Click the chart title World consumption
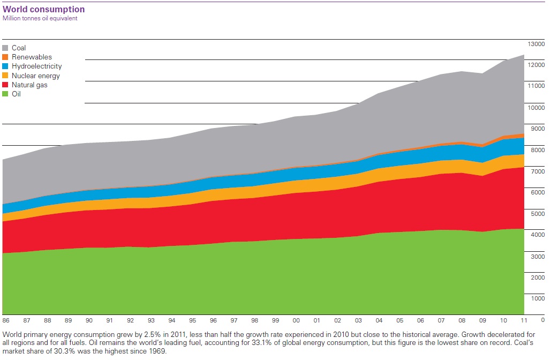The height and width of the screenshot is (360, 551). click(43, 9)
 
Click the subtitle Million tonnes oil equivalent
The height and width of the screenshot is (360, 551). click(40, 18)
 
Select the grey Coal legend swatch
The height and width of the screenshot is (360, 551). click(6, 48)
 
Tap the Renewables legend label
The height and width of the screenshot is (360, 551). click(32, 57)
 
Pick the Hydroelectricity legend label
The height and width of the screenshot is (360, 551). click(36, 66)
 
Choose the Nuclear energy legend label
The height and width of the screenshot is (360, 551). click(36, 76)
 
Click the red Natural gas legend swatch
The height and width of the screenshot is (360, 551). click(6, 85)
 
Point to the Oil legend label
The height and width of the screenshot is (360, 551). click(16, 94)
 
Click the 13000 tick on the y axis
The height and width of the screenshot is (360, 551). click(537, 43)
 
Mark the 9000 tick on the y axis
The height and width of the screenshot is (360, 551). click(537, 129)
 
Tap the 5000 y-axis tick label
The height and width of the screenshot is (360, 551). click(537, 214)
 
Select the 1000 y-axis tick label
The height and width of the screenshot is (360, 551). click(537, 298)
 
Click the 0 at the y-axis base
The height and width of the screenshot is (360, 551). click(542, 320)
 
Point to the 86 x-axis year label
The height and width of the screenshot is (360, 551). click(6, 320)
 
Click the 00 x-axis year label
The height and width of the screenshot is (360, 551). click(296, 320)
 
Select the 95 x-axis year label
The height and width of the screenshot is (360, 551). click(192, 320)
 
